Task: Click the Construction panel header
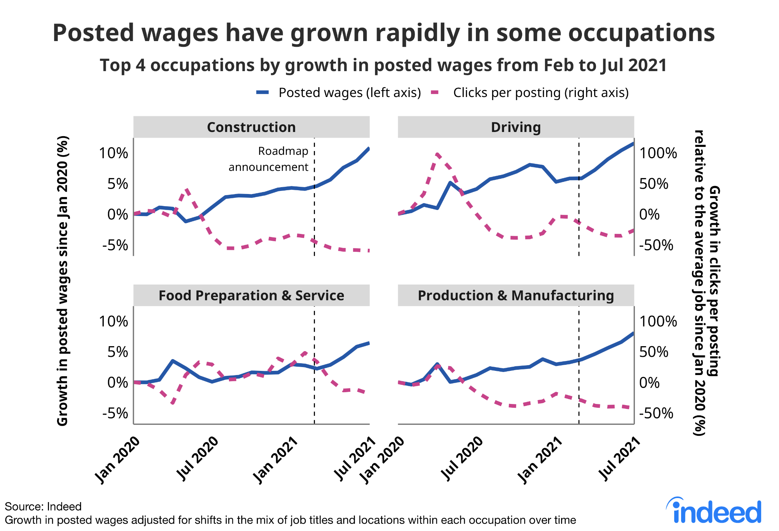pos(251,127)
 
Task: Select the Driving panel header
pos(515,127)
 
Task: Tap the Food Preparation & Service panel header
pos(251,296)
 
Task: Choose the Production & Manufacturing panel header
pos(515,296)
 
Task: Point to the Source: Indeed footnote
pos(43,507)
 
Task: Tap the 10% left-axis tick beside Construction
pos(113,153)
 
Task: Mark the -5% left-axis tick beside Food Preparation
pos(115,413)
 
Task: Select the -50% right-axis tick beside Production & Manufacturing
pos(656,413)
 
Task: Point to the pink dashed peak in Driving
pos(437,154)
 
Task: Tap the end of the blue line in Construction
pos(369,148)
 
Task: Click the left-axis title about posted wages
pos(62,281)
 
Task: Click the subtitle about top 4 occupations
pos(383,65)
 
